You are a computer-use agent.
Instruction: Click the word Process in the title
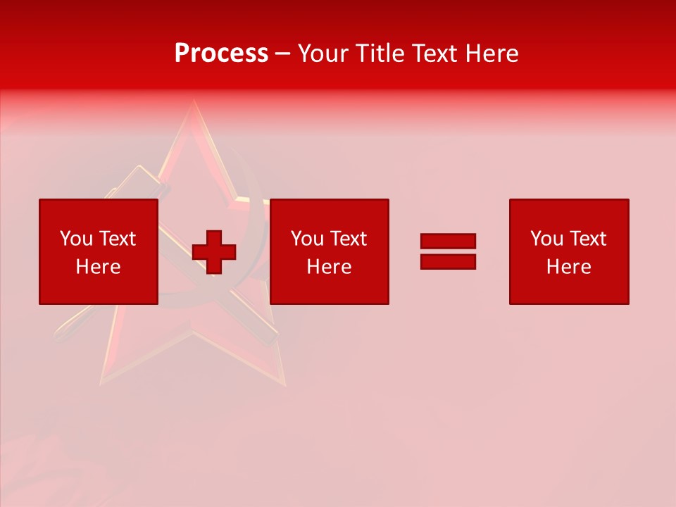221,54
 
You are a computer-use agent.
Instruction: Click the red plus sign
214,252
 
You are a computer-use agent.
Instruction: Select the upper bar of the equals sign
448,241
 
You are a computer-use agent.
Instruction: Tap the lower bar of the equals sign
448,261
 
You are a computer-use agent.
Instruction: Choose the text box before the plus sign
99,251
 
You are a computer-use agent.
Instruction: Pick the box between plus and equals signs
329,251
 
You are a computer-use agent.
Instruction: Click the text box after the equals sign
568,251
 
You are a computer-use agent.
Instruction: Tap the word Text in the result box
587,239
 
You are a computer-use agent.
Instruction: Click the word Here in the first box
98,266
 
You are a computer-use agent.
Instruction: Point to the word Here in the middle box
329,266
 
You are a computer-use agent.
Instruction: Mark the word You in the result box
546,239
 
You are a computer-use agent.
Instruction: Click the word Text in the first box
117,239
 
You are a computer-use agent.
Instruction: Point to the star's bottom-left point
103,383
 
